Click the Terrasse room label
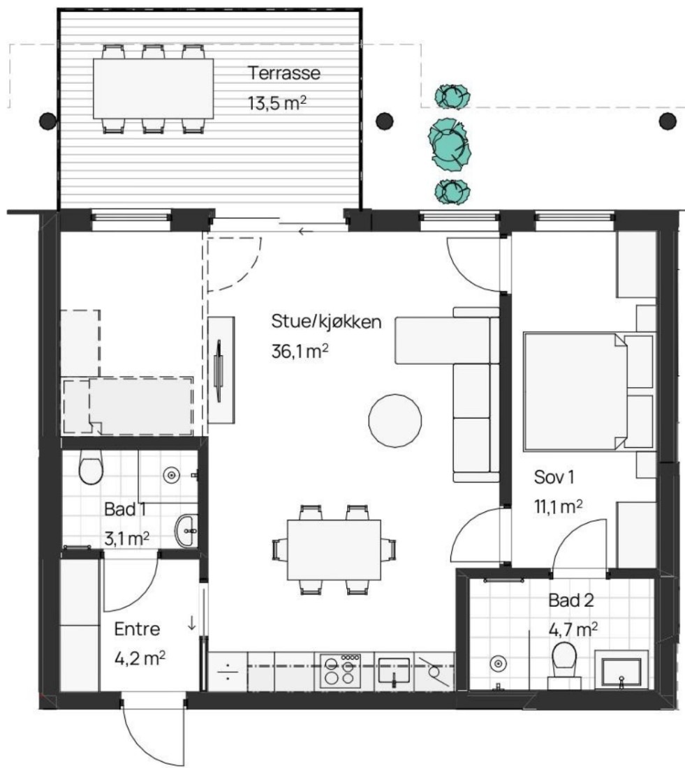284,73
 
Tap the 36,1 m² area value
300,351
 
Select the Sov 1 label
554,477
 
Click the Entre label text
137,629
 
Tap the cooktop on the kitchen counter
341,670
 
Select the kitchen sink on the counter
394,671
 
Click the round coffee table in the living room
395,421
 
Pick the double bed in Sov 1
575,391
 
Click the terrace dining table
154,89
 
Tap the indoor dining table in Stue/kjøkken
334,550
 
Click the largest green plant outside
450,144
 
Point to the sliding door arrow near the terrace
306,231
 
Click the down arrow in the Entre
192,622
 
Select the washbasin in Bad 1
186,530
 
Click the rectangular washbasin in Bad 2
621,670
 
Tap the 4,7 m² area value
573,630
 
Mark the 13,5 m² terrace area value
277,103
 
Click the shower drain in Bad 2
498,663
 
